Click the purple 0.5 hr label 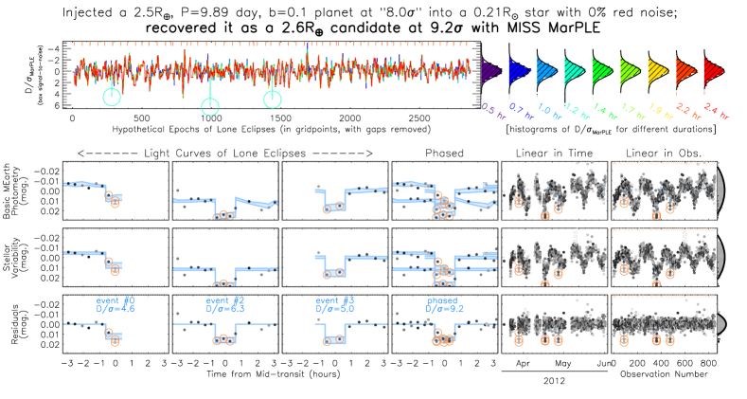[x=492, y=108]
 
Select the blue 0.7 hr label [x=520, y=110]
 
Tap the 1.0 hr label [x=548, y=111]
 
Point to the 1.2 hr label [x=576, y=112]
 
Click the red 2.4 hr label [x=716, y=114]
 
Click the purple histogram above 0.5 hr [x=489, y=71]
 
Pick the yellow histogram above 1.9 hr [x=656, y=71]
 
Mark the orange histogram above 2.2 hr [x=685, y=71]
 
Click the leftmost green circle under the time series [x=112, y=97]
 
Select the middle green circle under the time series [x=210, y=107]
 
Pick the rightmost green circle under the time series [x=273, y=99]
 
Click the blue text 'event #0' [x=116, y=300]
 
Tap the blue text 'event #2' [x=225, y=300]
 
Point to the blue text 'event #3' [x=334, y=300]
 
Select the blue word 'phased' [x=441, y=300]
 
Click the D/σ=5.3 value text [x=225, y=309]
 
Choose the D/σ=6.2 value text [x=444, y=309]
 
